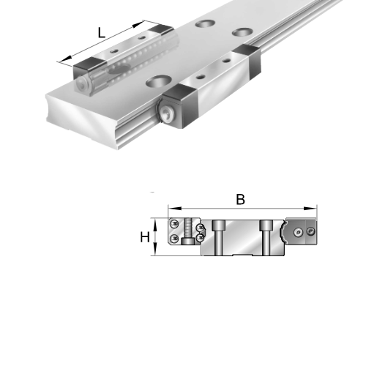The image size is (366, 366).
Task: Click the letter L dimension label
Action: [x=102, y=31]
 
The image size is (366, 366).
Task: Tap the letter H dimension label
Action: [x=145, y=236]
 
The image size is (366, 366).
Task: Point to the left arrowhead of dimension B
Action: [x=171, y=208]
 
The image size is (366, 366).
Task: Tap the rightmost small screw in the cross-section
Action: [x=310, y=231]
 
